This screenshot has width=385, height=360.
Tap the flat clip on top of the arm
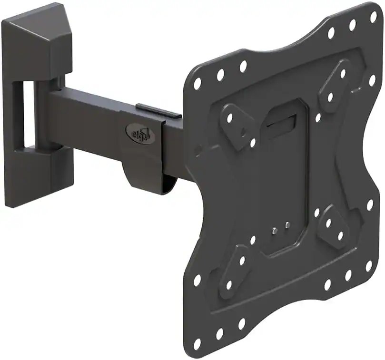tap(158, 111)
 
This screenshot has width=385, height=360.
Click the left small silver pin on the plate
tap(274, 231)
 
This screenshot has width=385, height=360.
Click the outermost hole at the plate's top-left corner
tap(197, 84)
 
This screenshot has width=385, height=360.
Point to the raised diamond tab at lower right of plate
tap(334, 228)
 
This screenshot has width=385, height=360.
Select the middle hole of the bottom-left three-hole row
tap(219, 333)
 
